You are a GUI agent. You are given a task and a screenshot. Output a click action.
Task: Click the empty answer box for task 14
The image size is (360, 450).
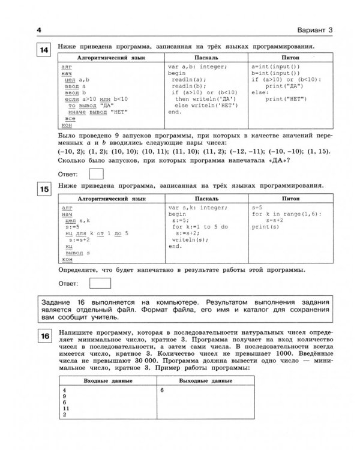click(x=95, y=173)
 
